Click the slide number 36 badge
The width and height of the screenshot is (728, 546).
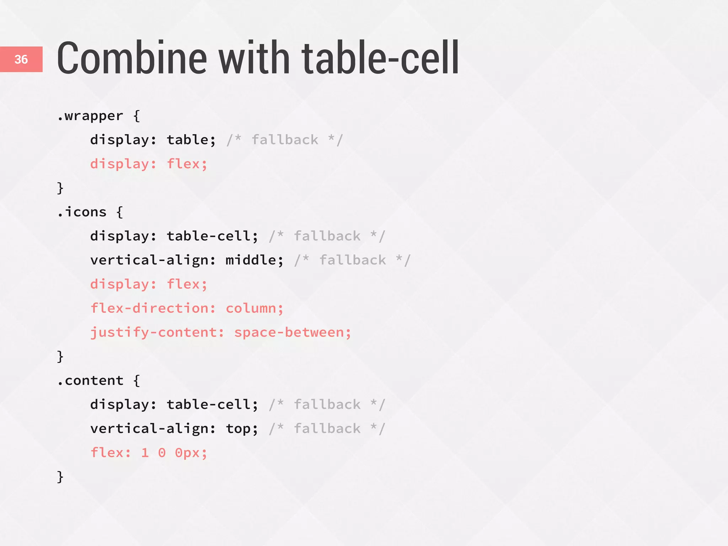(21, 59)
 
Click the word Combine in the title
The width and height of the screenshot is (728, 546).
(132, 58)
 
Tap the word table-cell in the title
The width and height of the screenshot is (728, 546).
(380, 58)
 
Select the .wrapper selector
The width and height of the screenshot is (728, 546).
(90, 116)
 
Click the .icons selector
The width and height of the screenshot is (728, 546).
(82, 212)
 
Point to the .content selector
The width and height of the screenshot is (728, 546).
(90, 381)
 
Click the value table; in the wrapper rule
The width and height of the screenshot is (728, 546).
(191, 140)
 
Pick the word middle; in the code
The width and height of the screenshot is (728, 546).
(255, 260)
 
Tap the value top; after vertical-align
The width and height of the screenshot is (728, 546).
(242, 429)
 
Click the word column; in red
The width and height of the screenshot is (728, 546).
(255, 308)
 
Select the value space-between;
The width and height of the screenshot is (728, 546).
(293, 332)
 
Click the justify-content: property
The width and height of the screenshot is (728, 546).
(157, 332)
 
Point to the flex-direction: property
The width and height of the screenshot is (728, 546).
(153, 308)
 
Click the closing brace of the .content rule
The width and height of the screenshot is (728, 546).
(60, 477)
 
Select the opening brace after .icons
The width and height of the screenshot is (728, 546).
(120, 212)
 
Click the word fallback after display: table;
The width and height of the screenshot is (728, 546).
(285, 140)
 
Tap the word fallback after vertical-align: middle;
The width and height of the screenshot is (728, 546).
(352, 260)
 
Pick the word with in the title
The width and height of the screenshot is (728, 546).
(254, 58)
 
